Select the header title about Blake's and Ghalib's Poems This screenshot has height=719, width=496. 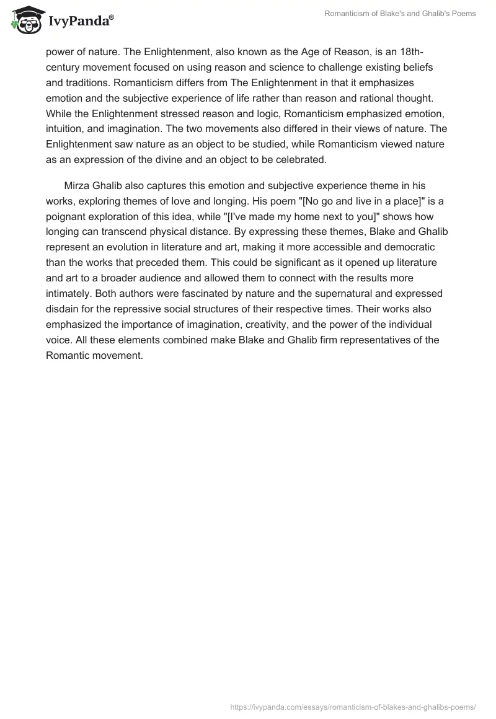(x=400, y=14)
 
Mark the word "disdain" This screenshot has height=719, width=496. (x=63, y=309)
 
